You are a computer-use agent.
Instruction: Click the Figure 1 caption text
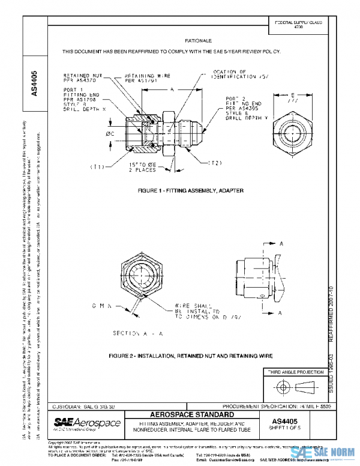point(190,190)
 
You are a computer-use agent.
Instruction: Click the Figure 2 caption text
point(190,356)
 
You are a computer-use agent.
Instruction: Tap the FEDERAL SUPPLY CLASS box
point(298,25)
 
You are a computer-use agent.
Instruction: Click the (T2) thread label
point(217,162)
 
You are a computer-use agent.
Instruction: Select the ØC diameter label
point(110,133)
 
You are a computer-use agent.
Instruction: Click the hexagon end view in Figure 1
point(293,129)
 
